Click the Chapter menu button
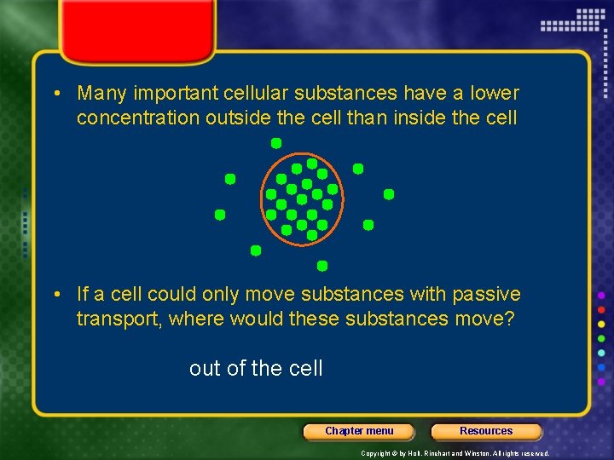359,431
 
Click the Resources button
486,431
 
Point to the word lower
493,93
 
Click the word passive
486,295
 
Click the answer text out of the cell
256,369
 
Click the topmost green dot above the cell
276,143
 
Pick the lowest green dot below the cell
322,266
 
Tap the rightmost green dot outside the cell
389,194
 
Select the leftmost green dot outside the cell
220,215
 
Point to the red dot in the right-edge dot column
601,309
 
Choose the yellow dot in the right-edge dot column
601,325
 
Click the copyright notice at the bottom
455,453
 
